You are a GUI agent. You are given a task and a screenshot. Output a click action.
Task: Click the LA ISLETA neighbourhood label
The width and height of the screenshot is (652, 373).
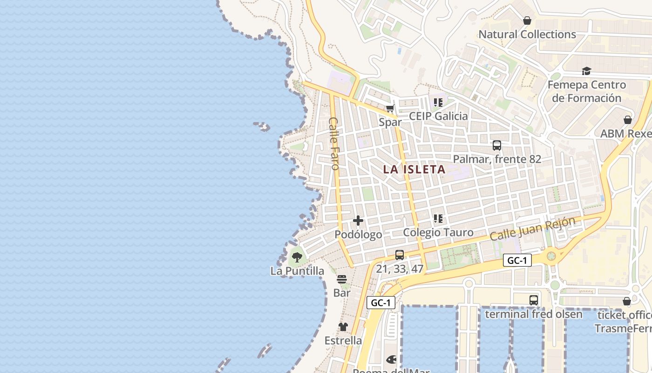tap(414, 169)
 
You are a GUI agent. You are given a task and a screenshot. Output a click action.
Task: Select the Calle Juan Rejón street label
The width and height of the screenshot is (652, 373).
tap(532, 229)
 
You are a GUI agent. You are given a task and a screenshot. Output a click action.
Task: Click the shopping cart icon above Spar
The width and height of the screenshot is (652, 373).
tap(390, 109)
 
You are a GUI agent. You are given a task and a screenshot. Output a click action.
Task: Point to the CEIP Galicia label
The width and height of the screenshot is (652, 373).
tap(438, 116)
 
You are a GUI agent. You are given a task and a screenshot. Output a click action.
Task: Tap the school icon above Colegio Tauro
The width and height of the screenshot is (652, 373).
tap(438, 218)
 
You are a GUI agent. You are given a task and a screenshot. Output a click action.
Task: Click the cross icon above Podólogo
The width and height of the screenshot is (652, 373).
tap(358, 220)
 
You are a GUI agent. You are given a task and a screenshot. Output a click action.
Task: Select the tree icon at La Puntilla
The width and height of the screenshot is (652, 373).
tap(297, 257)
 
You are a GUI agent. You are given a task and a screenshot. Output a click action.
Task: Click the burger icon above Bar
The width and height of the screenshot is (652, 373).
tap(342, 279)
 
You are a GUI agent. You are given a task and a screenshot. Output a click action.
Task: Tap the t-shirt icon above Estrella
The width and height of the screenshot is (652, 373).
tap(343, 327)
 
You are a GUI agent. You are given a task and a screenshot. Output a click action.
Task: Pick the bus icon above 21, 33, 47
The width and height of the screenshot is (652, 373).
tap(400, 255)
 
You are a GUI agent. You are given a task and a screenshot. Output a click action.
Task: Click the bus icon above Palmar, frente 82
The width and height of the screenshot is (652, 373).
tap(497, 145)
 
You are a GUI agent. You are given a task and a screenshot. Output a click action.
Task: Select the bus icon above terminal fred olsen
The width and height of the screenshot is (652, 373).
tap(534, 300)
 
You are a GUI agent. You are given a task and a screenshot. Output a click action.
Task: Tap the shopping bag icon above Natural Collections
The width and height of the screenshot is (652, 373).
tap(527, 21)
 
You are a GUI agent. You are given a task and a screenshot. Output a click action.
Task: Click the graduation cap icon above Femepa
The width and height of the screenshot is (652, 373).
tap(586, 71)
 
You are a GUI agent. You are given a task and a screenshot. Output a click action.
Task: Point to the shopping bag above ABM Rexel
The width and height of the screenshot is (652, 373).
tap(628, 120)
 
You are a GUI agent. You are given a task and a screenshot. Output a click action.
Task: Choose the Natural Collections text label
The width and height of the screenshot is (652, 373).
tap(527, 35)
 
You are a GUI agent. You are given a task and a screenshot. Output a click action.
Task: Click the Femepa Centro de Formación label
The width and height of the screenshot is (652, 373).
tap(586, 91)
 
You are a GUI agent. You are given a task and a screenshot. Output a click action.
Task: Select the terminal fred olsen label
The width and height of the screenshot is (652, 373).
tap(534, 314)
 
